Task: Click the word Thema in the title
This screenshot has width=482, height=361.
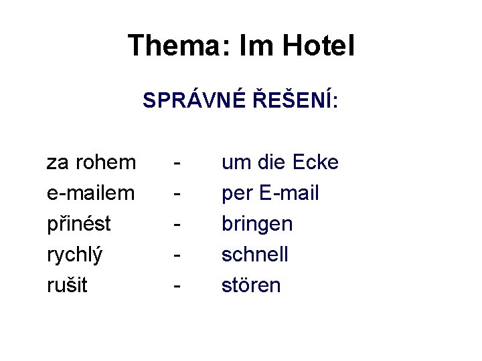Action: pos(173,46)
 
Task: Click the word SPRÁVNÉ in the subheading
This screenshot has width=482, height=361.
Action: pos(193,102)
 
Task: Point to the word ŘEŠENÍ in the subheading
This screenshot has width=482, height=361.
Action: pos(295,102)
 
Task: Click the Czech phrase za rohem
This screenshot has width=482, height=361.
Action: pos(91,162)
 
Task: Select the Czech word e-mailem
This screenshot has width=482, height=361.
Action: pos(91,193)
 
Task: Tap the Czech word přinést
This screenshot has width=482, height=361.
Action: pos(78,224)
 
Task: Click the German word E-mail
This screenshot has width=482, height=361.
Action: pos(288,193)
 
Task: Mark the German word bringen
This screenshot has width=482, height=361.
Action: pos(257,224)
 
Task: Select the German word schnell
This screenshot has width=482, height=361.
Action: pos(254,255)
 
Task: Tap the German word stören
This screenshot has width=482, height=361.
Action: pos(251,285)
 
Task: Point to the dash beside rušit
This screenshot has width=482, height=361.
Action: pos(177,287)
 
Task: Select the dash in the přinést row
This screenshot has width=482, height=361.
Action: pos(177,225)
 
